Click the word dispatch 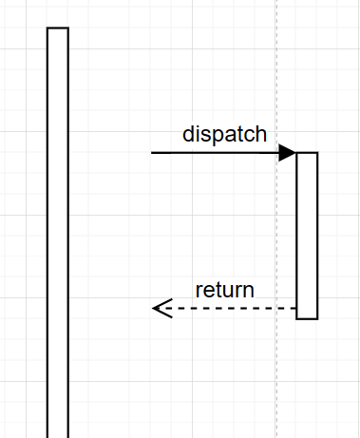pos(224,134)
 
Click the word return pos(224,290)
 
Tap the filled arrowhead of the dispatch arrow pos(288,152)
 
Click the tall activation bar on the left pos(58,238)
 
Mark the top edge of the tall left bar pos(58,29)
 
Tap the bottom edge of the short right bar pos(307,318)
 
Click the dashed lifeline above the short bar pos(276,76)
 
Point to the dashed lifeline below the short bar pos(276,380)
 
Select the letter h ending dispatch pos(260,134)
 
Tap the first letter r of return pos(199,291)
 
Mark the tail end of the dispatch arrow pos(153,152)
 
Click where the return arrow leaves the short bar pos(295,308)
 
